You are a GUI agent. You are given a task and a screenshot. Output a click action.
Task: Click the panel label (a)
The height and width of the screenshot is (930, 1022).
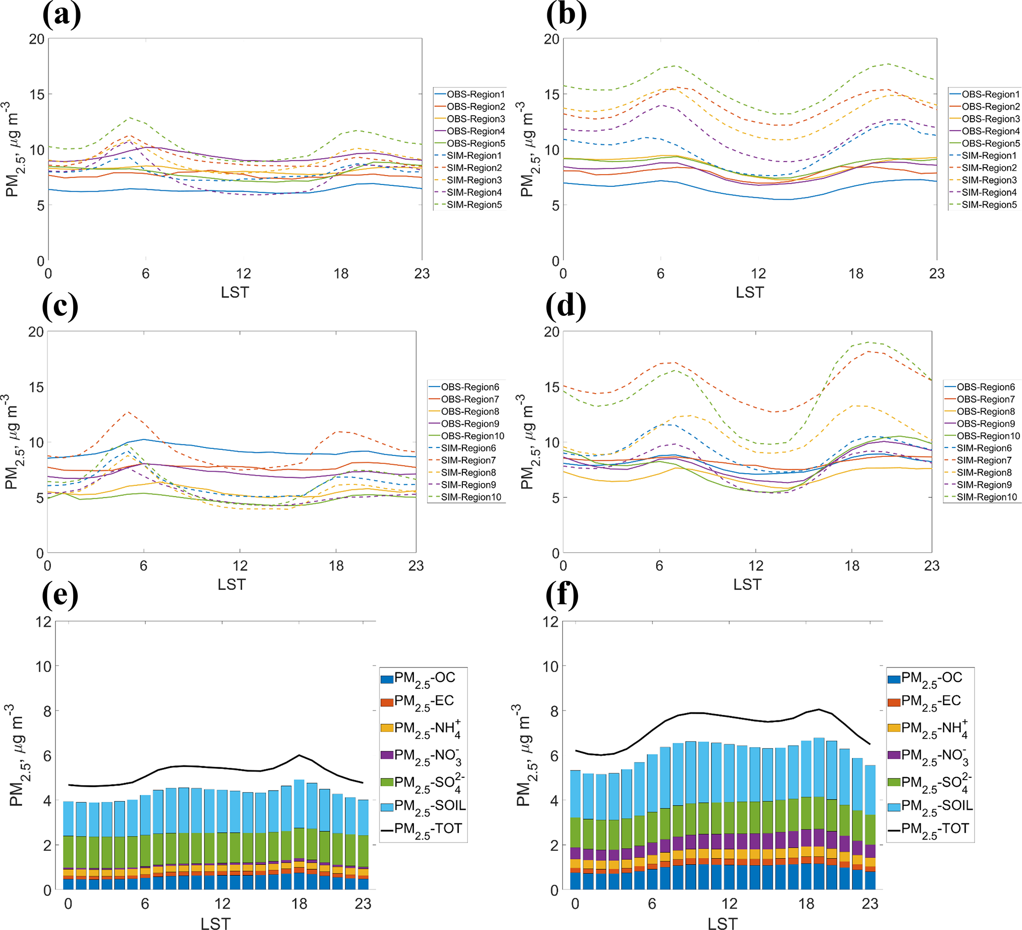coord(61,15)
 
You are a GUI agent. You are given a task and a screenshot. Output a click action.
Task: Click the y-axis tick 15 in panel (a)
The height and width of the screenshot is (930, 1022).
coord(37,94)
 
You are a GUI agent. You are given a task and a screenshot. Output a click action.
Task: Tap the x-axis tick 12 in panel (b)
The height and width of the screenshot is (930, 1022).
coord(758,274)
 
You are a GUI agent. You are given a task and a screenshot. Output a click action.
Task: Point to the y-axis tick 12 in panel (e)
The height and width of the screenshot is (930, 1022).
coord(44,621)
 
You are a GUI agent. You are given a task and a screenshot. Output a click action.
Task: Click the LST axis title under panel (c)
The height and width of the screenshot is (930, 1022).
coord(232,584)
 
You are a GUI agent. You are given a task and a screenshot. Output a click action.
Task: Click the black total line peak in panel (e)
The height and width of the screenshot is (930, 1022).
coord(299,755)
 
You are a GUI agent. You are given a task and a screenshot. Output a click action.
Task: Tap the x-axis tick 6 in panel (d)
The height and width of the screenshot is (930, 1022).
coord(659,566)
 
